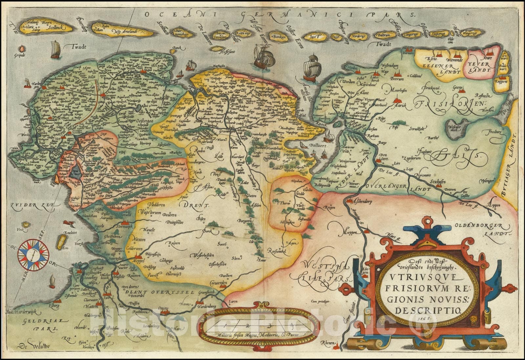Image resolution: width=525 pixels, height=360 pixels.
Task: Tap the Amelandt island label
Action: point(132,30)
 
